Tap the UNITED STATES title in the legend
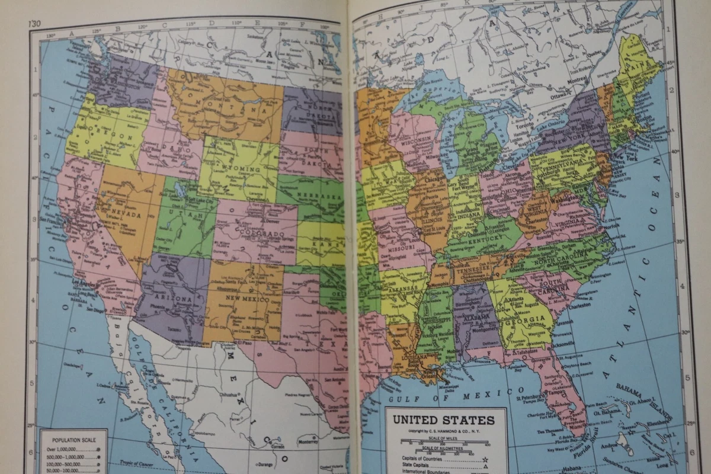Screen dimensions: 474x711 pyautogui.click(x=444, y=420)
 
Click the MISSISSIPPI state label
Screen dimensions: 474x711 pyautogui.click(x=435, y=321)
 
